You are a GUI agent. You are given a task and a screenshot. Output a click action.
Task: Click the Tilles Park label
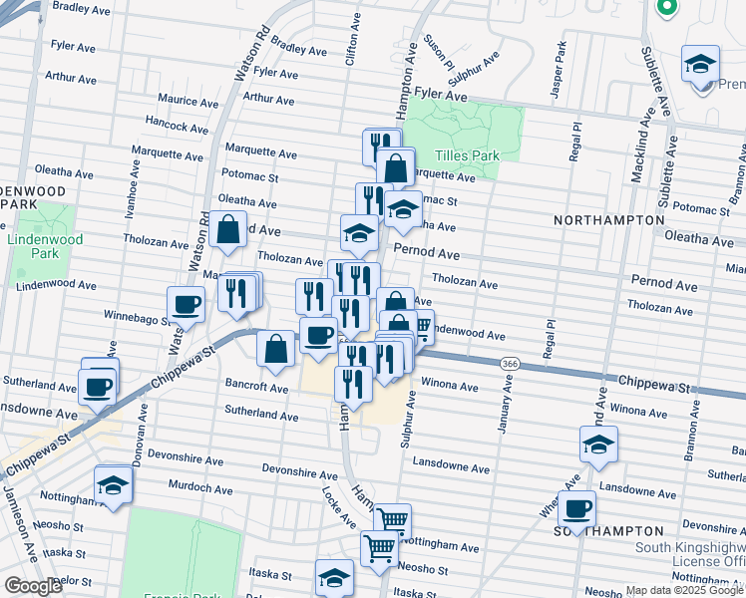(x=466, y=156)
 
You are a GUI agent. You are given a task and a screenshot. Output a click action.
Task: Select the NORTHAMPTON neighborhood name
(x=609, y=219)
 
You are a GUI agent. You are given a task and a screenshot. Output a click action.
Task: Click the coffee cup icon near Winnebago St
(x=186, y=306)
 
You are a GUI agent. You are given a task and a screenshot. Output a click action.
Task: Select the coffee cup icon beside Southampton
(x=576, y=509)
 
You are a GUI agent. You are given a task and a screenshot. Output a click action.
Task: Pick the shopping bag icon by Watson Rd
(x=228, y=229)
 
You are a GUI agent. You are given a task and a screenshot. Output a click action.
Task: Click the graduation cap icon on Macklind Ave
(x=598, y=445)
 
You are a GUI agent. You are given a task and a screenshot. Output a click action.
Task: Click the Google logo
(x=33, y=586)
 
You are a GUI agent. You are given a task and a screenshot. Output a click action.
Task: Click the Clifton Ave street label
(x=350, y=47)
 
